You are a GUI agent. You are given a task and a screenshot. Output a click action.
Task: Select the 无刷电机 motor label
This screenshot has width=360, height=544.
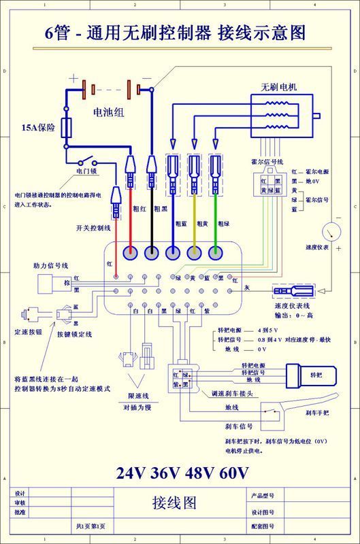pos(279,88)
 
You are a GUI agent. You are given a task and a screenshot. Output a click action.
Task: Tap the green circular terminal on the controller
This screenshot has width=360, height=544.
pos(216,253)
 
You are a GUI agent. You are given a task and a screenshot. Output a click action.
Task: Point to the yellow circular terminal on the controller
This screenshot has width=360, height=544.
pos(195,253)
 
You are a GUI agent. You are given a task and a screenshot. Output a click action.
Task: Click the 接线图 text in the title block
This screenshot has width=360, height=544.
pos(174,503)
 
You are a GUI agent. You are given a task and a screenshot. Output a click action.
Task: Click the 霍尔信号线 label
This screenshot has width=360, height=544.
pos(267,162)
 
